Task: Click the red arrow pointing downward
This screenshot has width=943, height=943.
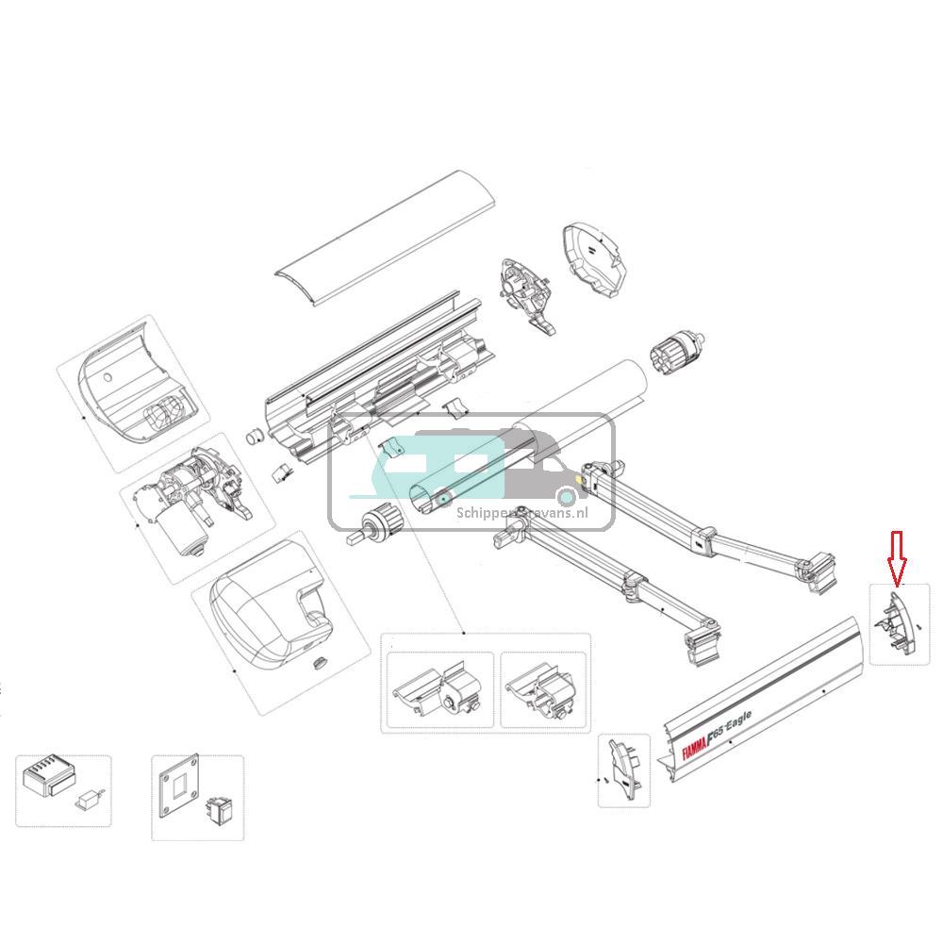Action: point(897,555)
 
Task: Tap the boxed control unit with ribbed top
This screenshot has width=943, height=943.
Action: point(45,779)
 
